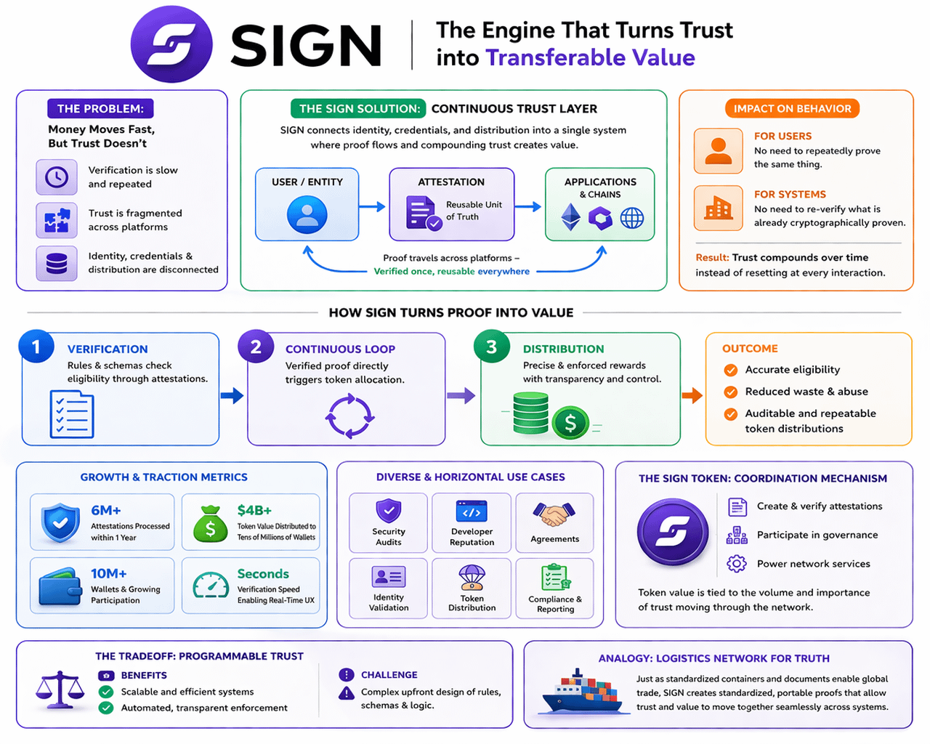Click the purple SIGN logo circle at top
pos(171,44)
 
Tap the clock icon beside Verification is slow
pos(57,177)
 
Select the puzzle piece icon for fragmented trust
pos(57,220)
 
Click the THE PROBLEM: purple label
pos(100,109)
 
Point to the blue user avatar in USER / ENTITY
pos(307,214)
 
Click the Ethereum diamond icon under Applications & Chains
pos(571,217)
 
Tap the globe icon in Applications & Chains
pos(631,218)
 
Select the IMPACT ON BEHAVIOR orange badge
pos(792,109)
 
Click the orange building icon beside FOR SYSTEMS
pos(718,209)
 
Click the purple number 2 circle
pos(256,347)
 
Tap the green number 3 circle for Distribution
pos(492,347)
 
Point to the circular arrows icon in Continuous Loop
pos(349,416)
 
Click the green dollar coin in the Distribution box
pos(570,422)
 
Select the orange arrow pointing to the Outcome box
pos(692,395)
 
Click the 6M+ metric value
pos(106,511)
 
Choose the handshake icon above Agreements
pos(554,514)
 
